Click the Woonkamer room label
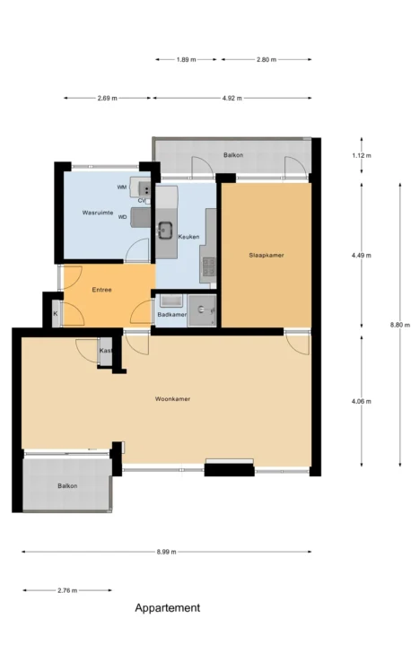172,399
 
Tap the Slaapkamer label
267,255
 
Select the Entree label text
102,290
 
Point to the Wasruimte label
98,213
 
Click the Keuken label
188,237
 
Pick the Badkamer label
171,315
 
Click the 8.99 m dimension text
166,552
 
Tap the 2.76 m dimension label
67,590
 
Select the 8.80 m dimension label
400,325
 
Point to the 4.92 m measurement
232,98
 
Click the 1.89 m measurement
187,59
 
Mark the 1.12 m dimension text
362,155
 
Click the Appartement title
168,607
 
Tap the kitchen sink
165,229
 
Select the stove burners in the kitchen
208,266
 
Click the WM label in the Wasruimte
122,187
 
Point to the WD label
122,217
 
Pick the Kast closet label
106,351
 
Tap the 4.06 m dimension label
362,401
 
